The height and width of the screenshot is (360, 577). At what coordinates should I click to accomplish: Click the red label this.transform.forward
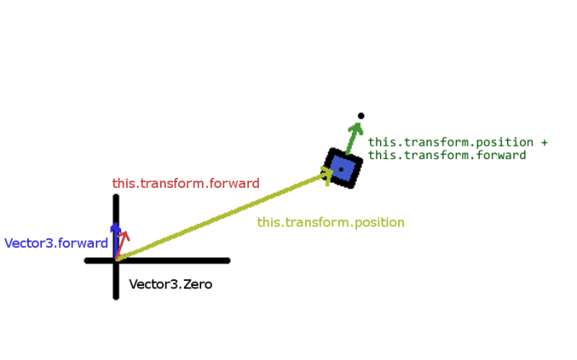pyautogui.click(x=185, y=184)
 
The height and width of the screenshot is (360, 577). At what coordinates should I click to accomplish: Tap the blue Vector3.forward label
pyautogui.click(x=56, y=244)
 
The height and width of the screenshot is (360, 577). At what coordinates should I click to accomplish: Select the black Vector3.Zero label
pyautogui.click(x=171, y=285)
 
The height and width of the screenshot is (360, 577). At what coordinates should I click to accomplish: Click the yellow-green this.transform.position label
pyautogui.click(x=331, y=222)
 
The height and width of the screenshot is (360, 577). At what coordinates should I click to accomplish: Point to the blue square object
pyautogui.click(x=342, y=169)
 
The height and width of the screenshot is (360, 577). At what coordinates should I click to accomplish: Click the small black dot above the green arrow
pyautogui.click(x=361, y=116)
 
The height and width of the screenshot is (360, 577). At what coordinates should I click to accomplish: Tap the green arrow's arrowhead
pyautogui.click(x=356, y=129)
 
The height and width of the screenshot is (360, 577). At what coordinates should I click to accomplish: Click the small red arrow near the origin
pyautogui.click(x=123, y=243)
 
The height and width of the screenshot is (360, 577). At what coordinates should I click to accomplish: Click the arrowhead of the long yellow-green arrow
pyautogui.click(x=326, y=174)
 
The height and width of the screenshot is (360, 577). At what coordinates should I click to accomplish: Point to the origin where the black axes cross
pyautogui.click(x=115, y=260)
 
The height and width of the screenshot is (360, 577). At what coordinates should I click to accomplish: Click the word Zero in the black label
pyautogui.click(x=198, y=285)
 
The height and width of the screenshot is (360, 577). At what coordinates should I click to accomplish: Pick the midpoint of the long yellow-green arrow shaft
pyautogui.click(x=223, y=217)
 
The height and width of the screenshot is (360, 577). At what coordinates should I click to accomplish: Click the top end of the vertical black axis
pyautogui.click(x=115, y=197)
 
